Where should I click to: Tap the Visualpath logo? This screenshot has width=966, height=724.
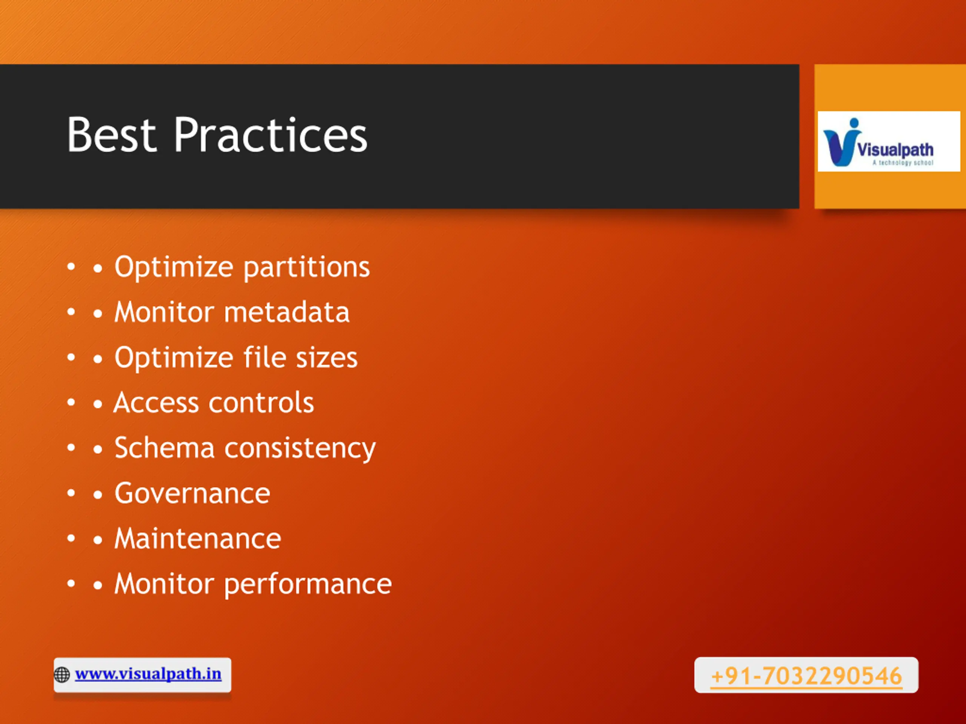(889, 141)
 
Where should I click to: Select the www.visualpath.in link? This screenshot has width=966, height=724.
(148, 674)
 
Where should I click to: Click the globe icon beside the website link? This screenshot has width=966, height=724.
(62, 675)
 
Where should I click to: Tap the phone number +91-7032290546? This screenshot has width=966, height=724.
(806, 676)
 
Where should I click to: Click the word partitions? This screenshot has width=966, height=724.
(306, 267)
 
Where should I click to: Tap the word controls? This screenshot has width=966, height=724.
(261, 402)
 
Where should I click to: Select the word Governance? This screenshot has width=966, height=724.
(192, 494)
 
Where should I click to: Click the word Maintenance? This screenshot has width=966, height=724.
(198, 538)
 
